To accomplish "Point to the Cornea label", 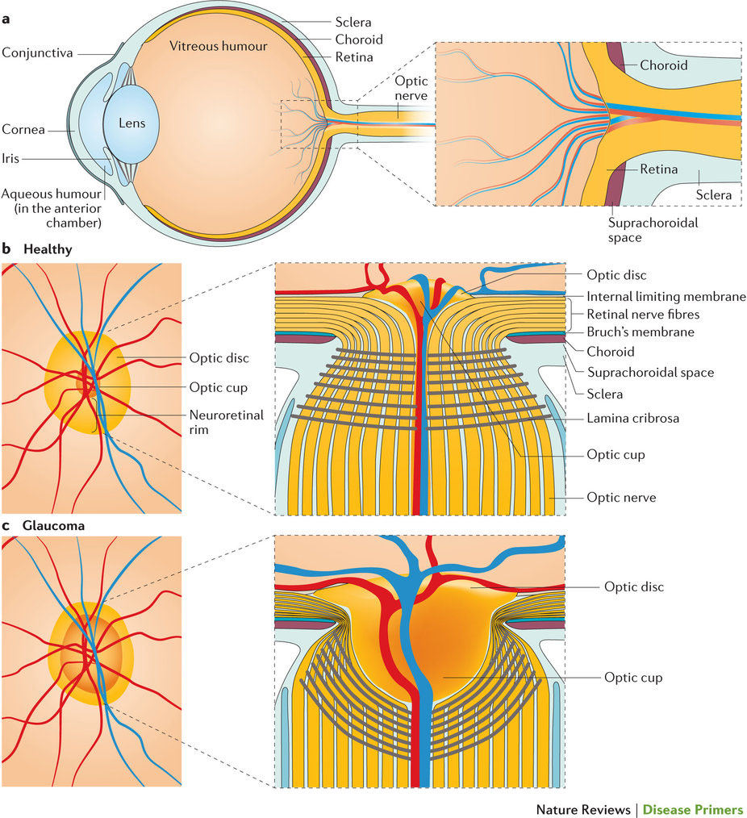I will (23, 128).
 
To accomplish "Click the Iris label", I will (10, 159).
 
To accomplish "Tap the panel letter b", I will (6, 249).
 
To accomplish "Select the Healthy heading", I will (48, 249).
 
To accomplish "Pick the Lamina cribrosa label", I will (634, 418).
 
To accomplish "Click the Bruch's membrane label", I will (641, 332).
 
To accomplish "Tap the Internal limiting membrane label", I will (666, 296).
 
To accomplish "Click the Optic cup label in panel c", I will (633, 678).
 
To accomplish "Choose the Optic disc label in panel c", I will (633, 586).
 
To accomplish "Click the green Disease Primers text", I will (692, 809).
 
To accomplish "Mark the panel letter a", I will (6, 10).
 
